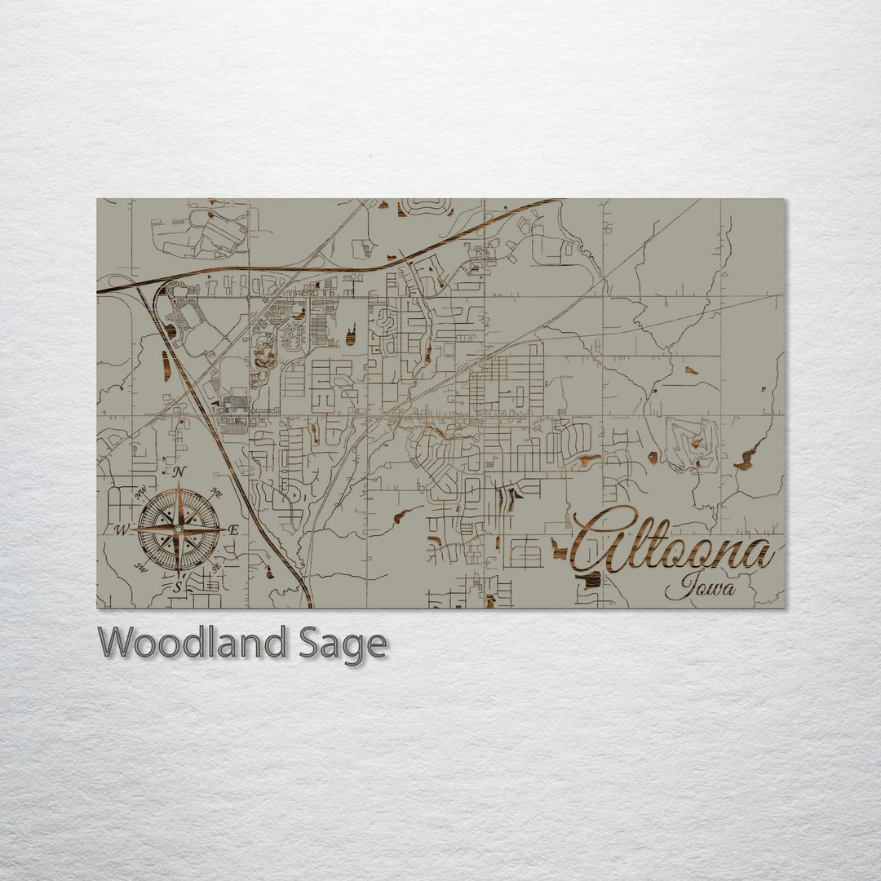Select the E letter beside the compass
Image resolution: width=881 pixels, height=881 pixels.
click(233, 530)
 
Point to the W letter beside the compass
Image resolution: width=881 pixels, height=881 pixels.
click(122, 530)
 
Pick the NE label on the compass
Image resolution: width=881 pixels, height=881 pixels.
click(216, 492)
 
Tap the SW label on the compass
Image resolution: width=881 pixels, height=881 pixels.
click(140, 568)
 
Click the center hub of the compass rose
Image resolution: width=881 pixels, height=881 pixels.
click(179, 529)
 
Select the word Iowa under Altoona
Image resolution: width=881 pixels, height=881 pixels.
click(699, 586)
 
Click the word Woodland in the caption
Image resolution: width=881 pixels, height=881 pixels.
click(193, 643)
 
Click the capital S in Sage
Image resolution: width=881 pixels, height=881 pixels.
click(309, 643)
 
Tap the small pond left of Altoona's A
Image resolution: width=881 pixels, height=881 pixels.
click(560, 550)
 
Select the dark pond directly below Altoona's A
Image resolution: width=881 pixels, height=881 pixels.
click(591, 579)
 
